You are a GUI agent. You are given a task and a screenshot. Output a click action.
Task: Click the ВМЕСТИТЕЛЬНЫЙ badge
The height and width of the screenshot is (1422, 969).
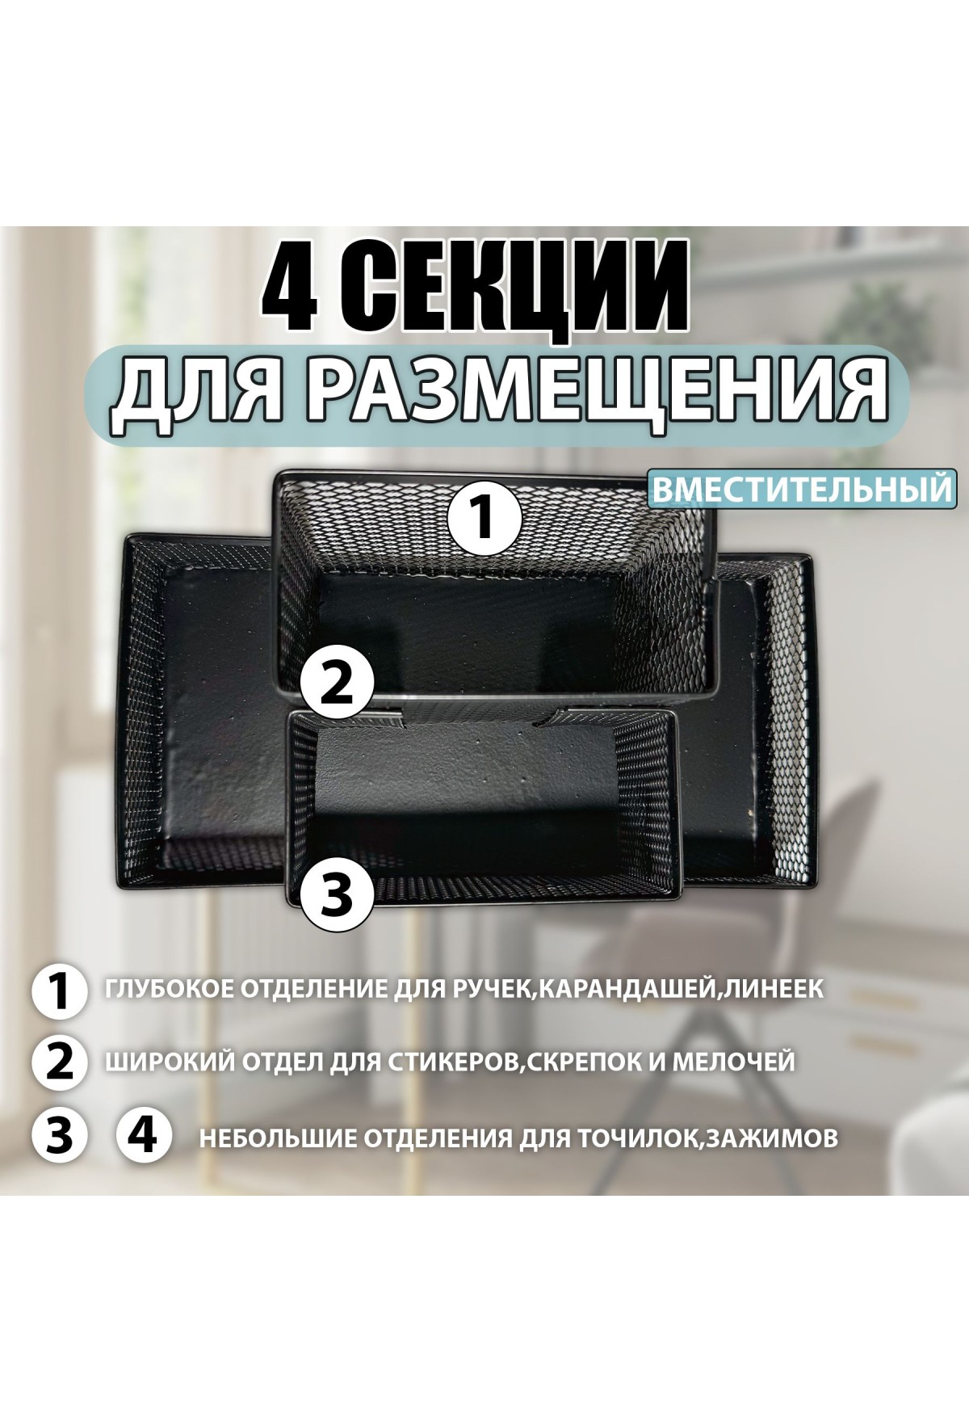click(799, 490)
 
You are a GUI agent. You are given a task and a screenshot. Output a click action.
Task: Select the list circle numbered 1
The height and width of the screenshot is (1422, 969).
click(59, 992)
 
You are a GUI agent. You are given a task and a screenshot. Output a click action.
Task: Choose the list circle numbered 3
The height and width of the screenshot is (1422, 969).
click(59, 1136)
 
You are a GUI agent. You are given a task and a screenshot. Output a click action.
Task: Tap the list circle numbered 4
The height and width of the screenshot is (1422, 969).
click(145, 1136)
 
